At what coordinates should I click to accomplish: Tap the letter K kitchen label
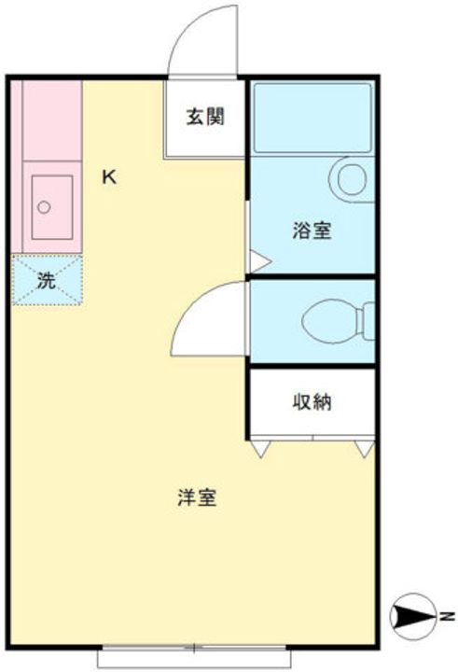pyautogui.click(x=110, y=176)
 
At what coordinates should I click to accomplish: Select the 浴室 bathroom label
pyautogui.click(x=311, y=231)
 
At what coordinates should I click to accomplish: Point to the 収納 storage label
pyautogui.click(x=312, y=403)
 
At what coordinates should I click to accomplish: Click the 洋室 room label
pyautogui.click(x=197, y=497)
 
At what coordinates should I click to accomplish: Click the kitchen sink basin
pyautogui.click(x=47, y=206)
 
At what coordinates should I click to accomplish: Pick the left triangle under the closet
pyautogui.click(x=261, y=447)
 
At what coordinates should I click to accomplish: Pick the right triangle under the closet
pyautogui.click(x=363, y=447)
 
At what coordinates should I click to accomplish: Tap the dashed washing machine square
pyautogui.click(x=47, y=279)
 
